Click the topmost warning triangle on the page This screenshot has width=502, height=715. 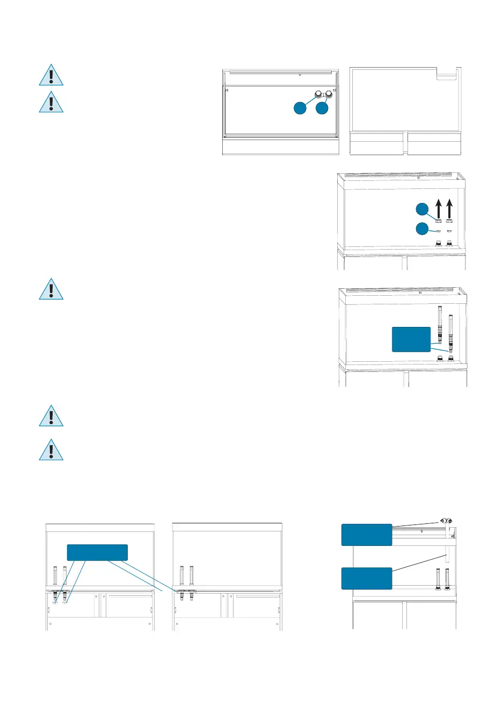pyautogui.click(x=51, y=76)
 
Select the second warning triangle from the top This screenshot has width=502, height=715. pyautogui.click(x=51, y=103)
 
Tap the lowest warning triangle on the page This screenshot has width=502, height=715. pyautogui.click(x=51, y=450)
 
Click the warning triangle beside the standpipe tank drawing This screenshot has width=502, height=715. pyautogui.click(x=51, y=289)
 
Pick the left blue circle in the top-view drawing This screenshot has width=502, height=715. pyautogui.click(x=300, y=108)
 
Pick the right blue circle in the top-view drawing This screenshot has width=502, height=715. pyautogui.click(x=322, y=108)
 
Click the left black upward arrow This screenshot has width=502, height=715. pyautogui.click(x=438, y=208)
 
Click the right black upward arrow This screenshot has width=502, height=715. pyautogui.click(x=449, y=208)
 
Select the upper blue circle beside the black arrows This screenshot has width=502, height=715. pyautogui.click(x=423, y=208)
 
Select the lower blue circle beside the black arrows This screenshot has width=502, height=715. pyautogui.click(x=423, y=229)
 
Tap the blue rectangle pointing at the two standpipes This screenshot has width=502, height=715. pyautogui.click(x=411, y=339)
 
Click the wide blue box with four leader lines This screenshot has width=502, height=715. pyautogui.click(x=97, y=552)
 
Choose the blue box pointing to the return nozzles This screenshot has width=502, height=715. pyautogui.click(x=367, y=535)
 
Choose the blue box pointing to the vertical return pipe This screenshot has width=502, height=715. pyautogui.click(x=367, y=578)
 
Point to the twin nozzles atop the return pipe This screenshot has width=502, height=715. pyautogui.click(x=446, y=521)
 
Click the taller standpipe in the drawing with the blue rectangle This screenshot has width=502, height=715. pyautogui.click(x=439, y=325)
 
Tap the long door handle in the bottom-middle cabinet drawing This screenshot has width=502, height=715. pyautogui.click(x=258, y=596)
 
